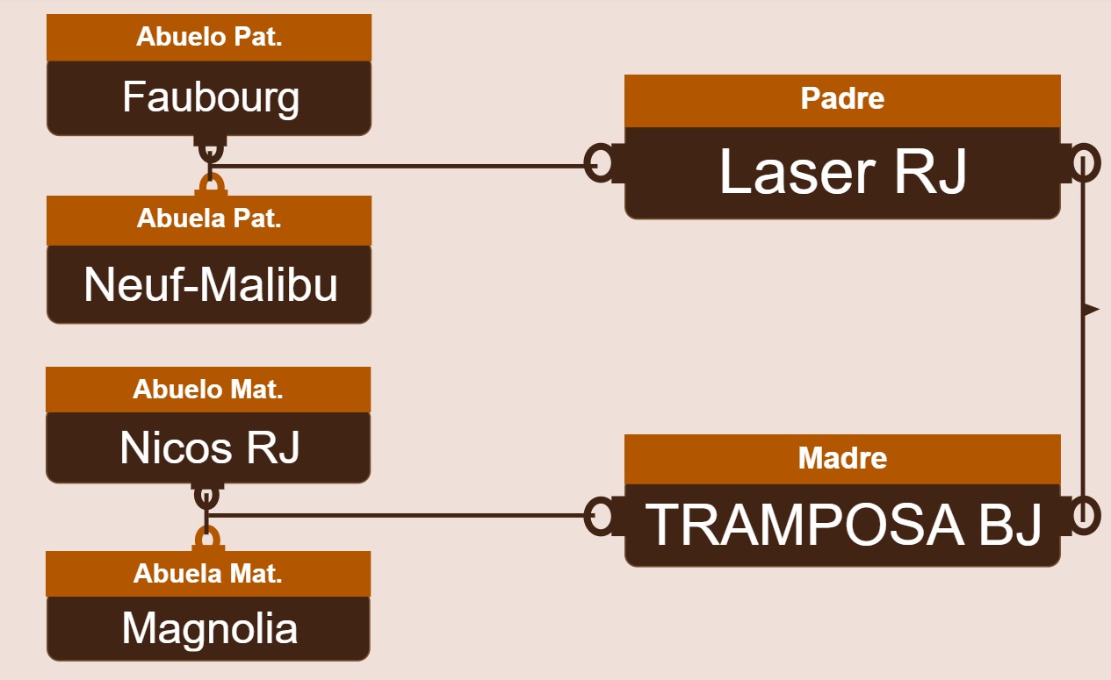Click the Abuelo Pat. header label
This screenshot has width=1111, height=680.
(x=209, y=37)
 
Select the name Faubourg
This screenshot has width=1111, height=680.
(x=211, y=97)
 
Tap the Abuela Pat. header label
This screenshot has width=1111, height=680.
(x=209, y=218)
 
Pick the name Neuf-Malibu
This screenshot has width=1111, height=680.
(x=211, y=284)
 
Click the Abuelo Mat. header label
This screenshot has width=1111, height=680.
(x=208, y=389)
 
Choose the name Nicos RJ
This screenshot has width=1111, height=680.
(x=210, y=447)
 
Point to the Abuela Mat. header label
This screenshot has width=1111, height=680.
(x=208, y=574)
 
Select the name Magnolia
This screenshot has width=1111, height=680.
(x=210, y=628)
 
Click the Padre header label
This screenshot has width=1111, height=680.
(x=842, y=98)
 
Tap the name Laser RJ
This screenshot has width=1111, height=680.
(x=843, y=172)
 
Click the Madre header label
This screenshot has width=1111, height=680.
(x=842, y=457)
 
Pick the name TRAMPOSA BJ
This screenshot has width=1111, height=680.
(x=843, y=525)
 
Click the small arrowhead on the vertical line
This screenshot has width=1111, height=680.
(x=1091, y=310)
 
